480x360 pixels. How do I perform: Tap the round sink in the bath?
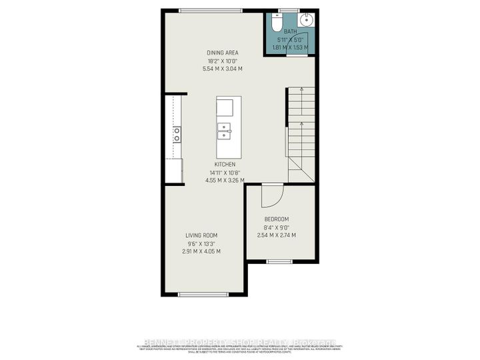tap(307, 18)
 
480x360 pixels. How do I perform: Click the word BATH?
tap(290, 31)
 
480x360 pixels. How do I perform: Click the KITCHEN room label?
tap(225, 164)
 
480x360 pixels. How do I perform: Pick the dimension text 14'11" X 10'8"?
tap(225, 172)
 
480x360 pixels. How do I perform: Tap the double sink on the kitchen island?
tap(224, 129)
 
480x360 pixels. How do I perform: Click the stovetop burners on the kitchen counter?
tap(177, 135)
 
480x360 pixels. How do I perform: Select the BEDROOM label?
tap(277, 219)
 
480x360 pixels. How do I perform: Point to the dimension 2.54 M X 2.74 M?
tap(277, 235)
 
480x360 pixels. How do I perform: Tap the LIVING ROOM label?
tap(201, 235)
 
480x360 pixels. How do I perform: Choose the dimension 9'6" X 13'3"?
tap(201, 243)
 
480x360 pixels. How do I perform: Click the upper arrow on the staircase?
tap(301, 89)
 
